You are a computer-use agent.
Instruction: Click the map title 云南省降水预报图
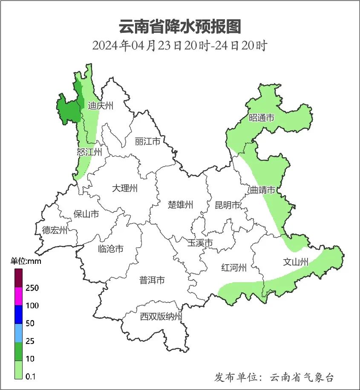point(179,26)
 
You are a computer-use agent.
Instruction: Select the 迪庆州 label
point(101,106)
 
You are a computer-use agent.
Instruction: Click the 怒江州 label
point(89,152)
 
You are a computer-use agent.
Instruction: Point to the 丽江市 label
point(147,141)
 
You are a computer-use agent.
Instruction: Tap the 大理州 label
point(125,188)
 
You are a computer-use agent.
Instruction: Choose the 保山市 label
point(86,214)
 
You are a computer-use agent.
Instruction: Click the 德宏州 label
point(55,230)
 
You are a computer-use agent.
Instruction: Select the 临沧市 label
point(111,248)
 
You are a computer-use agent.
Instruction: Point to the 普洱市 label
point(152,280)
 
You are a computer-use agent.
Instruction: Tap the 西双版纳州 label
point(161,317)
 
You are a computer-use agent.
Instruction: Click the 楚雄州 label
point(180,205)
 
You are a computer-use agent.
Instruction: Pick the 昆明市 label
point(228,205)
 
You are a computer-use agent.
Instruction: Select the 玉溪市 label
point(200,243)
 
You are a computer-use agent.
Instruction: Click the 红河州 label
point(234,268)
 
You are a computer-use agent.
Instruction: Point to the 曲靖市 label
point(262,190)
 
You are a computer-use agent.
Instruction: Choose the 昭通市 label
point(262,118)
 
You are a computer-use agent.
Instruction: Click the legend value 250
point(32,288)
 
